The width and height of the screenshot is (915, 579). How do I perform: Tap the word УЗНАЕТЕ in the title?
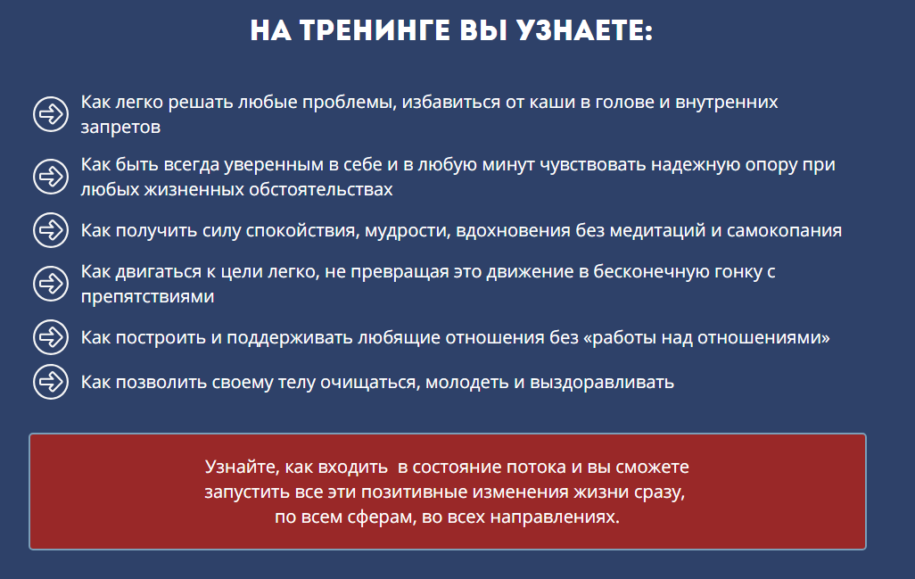coord(584,30)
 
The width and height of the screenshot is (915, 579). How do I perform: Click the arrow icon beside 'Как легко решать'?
coord(51,114)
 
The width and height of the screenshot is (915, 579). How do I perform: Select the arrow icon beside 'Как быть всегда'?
coord(51,177)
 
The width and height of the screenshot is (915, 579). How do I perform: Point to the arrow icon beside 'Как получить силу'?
coord(51,230)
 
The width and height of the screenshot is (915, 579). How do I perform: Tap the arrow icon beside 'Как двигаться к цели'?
coord(51,284)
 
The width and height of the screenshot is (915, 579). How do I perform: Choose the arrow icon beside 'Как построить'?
coord(51,336)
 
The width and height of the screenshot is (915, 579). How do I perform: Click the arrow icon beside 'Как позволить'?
coord(51,382)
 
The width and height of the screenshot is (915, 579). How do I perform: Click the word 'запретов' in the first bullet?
coord(120,128)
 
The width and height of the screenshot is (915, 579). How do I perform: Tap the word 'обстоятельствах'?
coord(320,190)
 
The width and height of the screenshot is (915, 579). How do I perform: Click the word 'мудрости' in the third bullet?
coord(408,231)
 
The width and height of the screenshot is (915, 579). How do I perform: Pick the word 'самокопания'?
coord(784,231)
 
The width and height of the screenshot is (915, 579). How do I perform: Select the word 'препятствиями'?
coord(147,297)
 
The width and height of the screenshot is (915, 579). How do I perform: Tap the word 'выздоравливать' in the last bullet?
coord(602,383)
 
